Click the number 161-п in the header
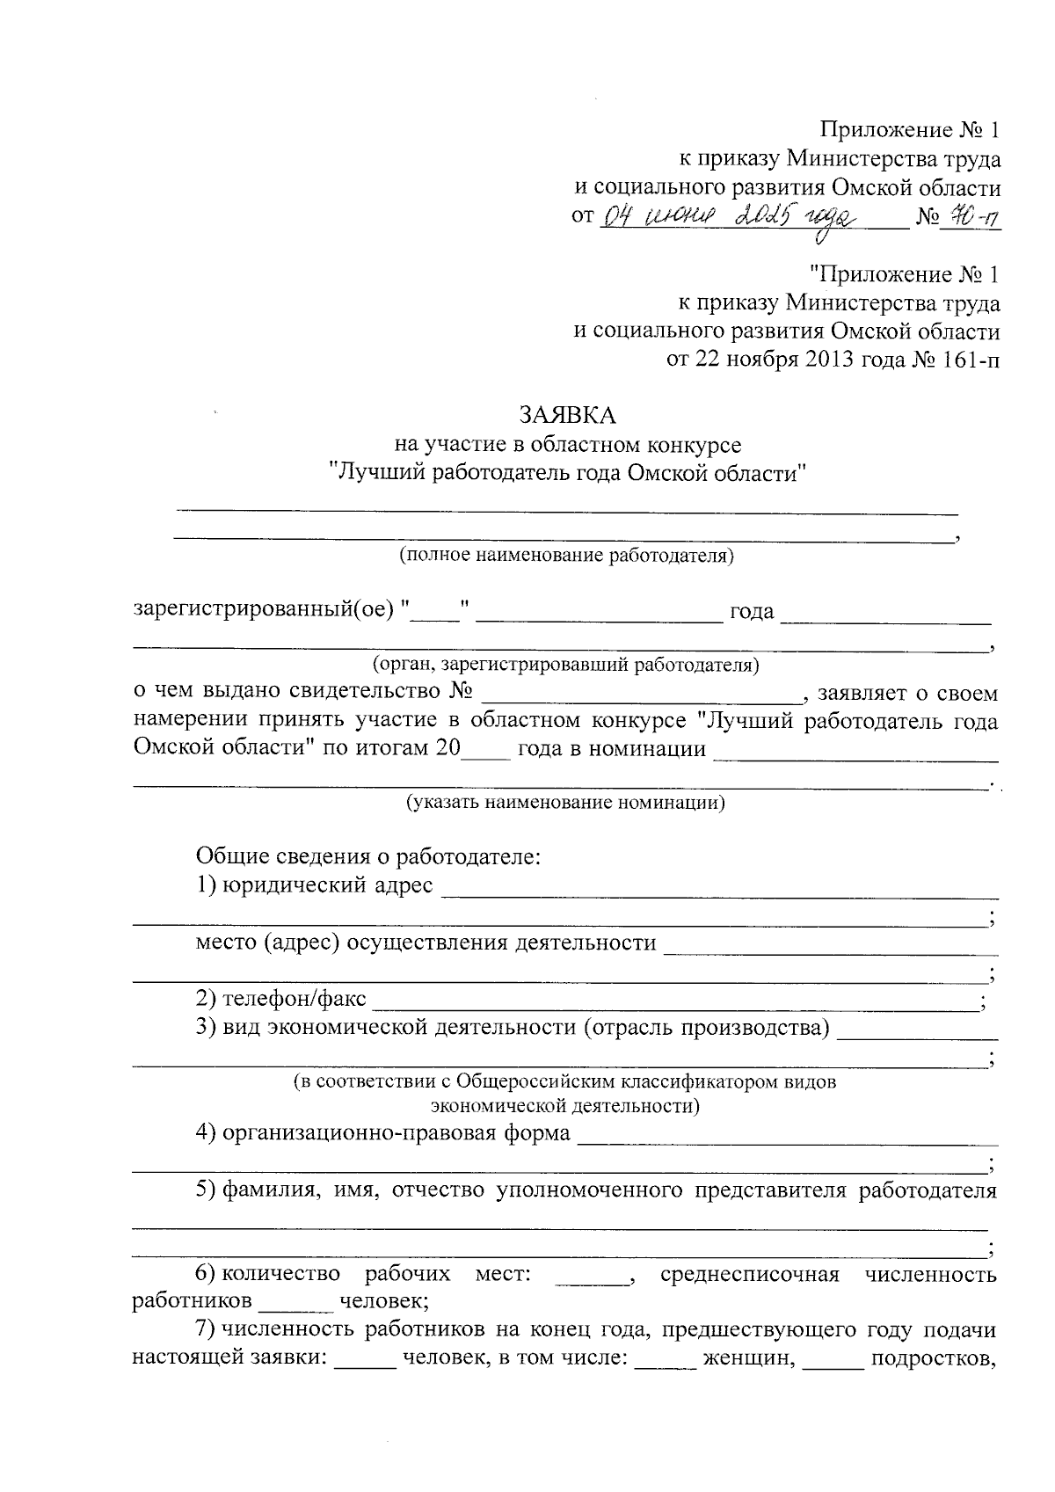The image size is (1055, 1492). pyautogui.click(x=965, y=360)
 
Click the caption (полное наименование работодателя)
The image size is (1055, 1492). pyautogui.click(x=565, y=556)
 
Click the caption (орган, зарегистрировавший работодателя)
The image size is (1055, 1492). pyautogui.click(x=565, y=665)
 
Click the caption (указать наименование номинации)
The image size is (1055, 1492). pyautogui.click(x=565, y=803)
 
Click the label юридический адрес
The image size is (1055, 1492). pyautogui.click(x=327, y=884)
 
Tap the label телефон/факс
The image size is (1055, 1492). pyautogui.click(x=294, y=1000)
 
